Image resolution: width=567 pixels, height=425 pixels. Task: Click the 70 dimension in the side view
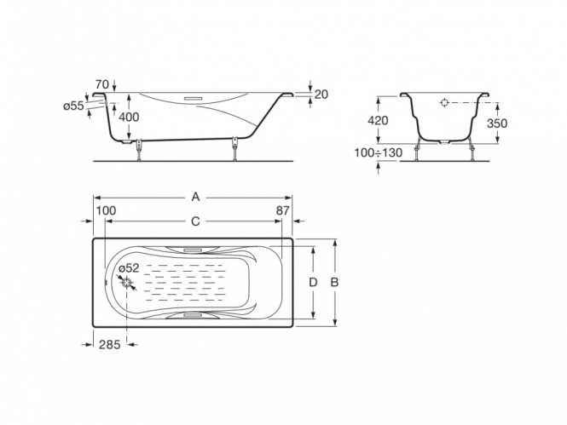click(102, 84)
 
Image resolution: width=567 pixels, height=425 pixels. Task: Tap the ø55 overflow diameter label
click(74, 106)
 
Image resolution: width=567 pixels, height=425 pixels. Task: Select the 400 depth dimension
click(129, 117)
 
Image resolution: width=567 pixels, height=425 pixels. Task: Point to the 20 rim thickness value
click(321, 95)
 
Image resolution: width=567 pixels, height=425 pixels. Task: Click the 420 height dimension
click(378, 120)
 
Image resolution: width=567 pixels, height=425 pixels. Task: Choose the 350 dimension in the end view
click(497, 123)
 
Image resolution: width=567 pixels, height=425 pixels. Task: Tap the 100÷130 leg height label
click(379, 152)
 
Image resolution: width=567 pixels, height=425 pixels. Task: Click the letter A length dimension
click(195, 197)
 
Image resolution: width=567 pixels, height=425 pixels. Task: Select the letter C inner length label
click(195, 221)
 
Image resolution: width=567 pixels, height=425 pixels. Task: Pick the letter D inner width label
click(313, 282)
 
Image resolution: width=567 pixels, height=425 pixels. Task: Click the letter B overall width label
click(334, 282)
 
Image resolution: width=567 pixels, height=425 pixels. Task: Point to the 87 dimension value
click(283, 210)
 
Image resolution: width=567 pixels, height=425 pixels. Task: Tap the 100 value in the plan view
click(106, 210)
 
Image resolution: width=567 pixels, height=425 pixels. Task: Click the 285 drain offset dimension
click(110, 345)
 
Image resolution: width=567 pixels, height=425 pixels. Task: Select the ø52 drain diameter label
click(129, 268)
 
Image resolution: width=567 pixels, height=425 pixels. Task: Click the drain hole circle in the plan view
click(127, 283)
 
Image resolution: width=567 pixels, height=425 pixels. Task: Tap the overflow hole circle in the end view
click(444, 102)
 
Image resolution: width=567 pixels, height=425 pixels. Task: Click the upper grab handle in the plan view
click(193, 250)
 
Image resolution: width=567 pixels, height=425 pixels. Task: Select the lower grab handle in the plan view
click(193, 315)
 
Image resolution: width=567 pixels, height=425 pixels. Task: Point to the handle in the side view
click(194, 98)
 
